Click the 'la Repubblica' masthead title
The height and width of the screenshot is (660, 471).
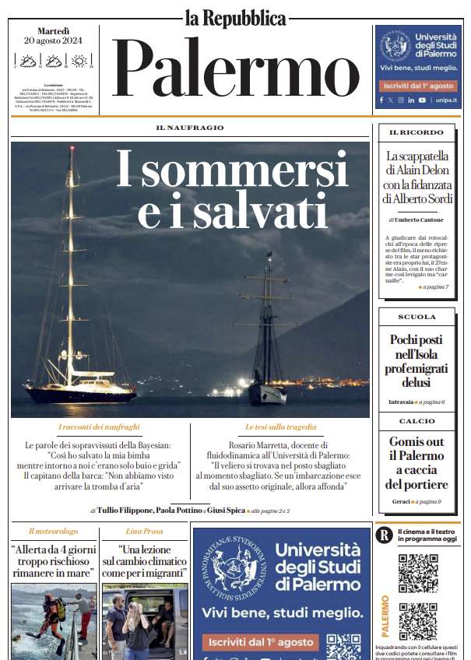tap(235, 16)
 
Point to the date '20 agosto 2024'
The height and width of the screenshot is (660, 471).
tap(53, 40)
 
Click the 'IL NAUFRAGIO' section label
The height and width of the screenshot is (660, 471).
tap(189, 128)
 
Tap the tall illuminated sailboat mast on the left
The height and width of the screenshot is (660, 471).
tap(71, 257)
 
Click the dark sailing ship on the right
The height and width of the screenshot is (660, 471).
tap(267, 342)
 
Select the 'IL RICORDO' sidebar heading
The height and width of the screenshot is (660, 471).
tap(416, 133)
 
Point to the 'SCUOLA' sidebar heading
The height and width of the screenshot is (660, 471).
tap(417, 317)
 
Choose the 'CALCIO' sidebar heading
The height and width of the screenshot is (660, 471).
tap(417, 421)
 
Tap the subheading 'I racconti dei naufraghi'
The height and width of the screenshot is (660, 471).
tap(99, 427)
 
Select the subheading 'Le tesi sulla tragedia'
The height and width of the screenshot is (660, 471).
tap(280, 427)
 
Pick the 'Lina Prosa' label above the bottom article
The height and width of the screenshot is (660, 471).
tap(144, 531)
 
